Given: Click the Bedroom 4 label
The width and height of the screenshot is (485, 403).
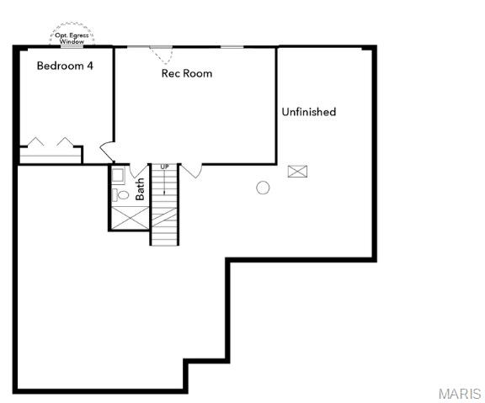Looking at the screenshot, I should click(65, 66).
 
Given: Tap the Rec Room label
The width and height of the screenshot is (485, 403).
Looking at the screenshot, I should click(187, 73).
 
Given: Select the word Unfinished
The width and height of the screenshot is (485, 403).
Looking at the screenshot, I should click(309, 112).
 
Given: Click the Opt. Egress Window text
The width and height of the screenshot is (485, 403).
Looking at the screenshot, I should click(72, 38).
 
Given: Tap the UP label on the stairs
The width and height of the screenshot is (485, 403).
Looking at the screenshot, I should click(165, 167).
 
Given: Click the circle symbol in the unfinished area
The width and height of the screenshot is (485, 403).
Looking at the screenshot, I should click(263, 188).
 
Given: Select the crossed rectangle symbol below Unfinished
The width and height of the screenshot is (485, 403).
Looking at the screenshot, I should click(297, 172).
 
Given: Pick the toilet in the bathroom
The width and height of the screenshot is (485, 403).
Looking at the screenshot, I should click(122, 194).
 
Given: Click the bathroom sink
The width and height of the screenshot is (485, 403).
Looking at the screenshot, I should click(118, 177).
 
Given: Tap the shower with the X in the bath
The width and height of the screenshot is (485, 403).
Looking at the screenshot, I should click(128, 216).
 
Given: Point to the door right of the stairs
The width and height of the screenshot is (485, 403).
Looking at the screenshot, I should click(192, 171).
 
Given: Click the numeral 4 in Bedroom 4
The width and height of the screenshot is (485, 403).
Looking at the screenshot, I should click(89, 66).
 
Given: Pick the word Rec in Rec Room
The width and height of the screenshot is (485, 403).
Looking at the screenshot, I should click(171, 73).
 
